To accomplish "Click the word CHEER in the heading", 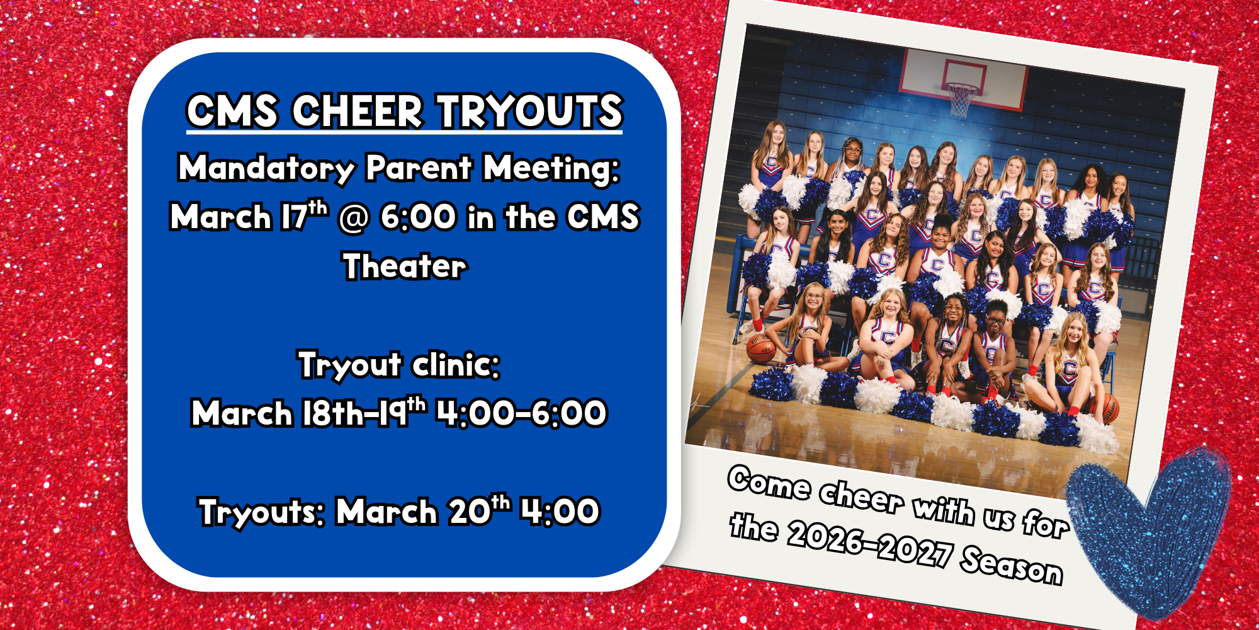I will point(357,112).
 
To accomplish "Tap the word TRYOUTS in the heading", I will point(530,112).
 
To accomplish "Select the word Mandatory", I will point(266,168).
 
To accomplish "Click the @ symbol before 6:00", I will point(353,218).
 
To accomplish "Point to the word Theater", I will point(405,266).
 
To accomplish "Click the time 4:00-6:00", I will point(522,414).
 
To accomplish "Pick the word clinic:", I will point(456,365).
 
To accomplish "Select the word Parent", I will point(419,168).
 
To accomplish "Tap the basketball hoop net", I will point(961,101).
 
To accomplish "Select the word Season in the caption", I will point(1012,565).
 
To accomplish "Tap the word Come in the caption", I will point(769,484).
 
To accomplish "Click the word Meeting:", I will point(551,168).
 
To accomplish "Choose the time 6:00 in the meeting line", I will point(418,218).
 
